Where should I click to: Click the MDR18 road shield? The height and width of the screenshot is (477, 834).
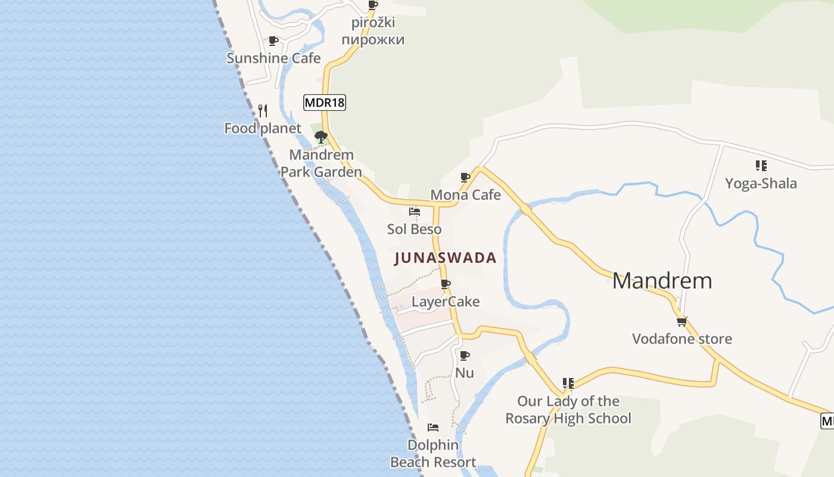tap(325, 103)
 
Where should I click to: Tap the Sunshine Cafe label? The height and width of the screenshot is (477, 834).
tap(273, 58)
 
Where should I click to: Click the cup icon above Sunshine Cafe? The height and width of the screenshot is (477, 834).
tap(273, 41)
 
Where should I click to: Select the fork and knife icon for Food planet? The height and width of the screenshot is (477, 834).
tap(263, 111)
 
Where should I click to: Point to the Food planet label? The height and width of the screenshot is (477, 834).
tap(263, 128)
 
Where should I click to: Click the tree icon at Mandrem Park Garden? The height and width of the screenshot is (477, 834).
tap(321, 137)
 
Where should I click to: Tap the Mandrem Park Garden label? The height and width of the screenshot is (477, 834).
tap(321, 163)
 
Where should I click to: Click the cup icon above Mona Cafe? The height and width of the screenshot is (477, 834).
tap(465, 178)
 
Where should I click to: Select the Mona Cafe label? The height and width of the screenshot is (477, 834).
tap(465, 195)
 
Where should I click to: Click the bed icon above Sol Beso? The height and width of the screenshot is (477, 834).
tap(415, 212)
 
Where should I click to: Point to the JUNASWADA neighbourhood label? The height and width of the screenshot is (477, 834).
tap(445, 258)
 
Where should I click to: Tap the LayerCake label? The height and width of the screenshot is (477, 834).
tap(446, 302)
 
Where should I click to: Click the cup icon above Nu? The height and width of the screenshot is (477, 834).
tap(465, 356)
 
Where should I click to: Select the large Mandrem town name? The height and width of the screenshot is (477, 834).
tap(662, 281)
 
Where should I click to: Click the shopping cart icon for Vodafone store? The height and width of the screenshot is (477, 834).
tap(682, 321)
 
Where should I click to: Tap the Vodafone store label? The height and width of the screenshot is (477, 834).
tap(682, 339)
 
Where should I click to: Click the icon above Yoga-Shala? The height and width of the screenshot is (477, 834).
tap(761, 165)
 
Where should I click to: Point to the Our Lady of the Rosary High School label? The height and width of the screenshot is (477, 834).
tap(568, 410)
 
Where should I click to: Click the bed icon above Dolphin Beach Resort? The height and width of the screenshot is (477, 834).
tap(433, 428)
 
